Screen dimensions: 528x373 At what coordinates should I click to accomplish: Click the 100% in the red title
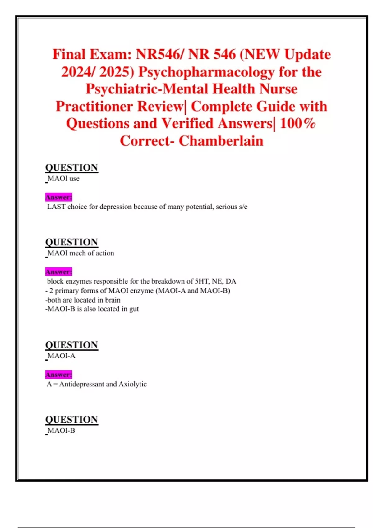pos(297,123)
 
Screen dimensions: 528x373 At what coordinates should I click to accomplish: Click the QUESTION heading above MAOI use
pos(71,167)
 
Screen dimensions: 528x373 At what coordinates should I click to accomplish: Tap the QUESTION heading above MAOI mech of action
pos(71,242)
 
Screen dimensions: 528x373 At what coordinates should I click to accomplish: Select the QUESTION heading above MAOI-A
pos(71,345)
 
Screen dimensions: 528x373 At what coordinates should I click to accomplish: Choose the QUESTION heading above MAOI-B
pos(71,419)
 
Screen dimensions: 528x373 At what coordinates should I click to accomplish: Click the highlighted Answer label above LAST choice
pos(58,197)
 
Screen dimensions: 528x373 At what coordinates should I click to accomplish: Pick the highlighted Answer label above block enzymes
pos(58,272)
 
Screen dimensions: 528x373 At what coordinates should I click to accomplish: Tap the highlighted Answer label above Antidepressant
pos(58,375)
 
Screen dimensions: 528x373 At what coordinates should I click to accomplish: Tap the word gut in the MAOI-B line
pos(134,309)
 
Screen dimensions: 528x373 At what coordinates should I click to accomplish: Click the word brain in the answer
pos(113,300)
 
